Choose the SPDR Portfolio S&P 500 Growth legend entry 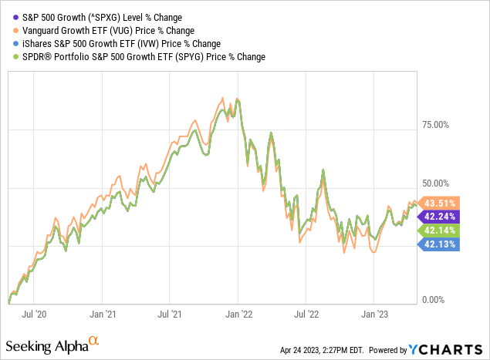click(x=138, y=57)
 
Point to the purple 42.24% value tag click(x=437, y=216)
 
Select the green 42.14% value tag click(x=437, y=230)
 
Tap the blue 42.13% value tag click(x=437, y=244)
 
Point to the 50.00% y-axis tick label click(x=441, y=183)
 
